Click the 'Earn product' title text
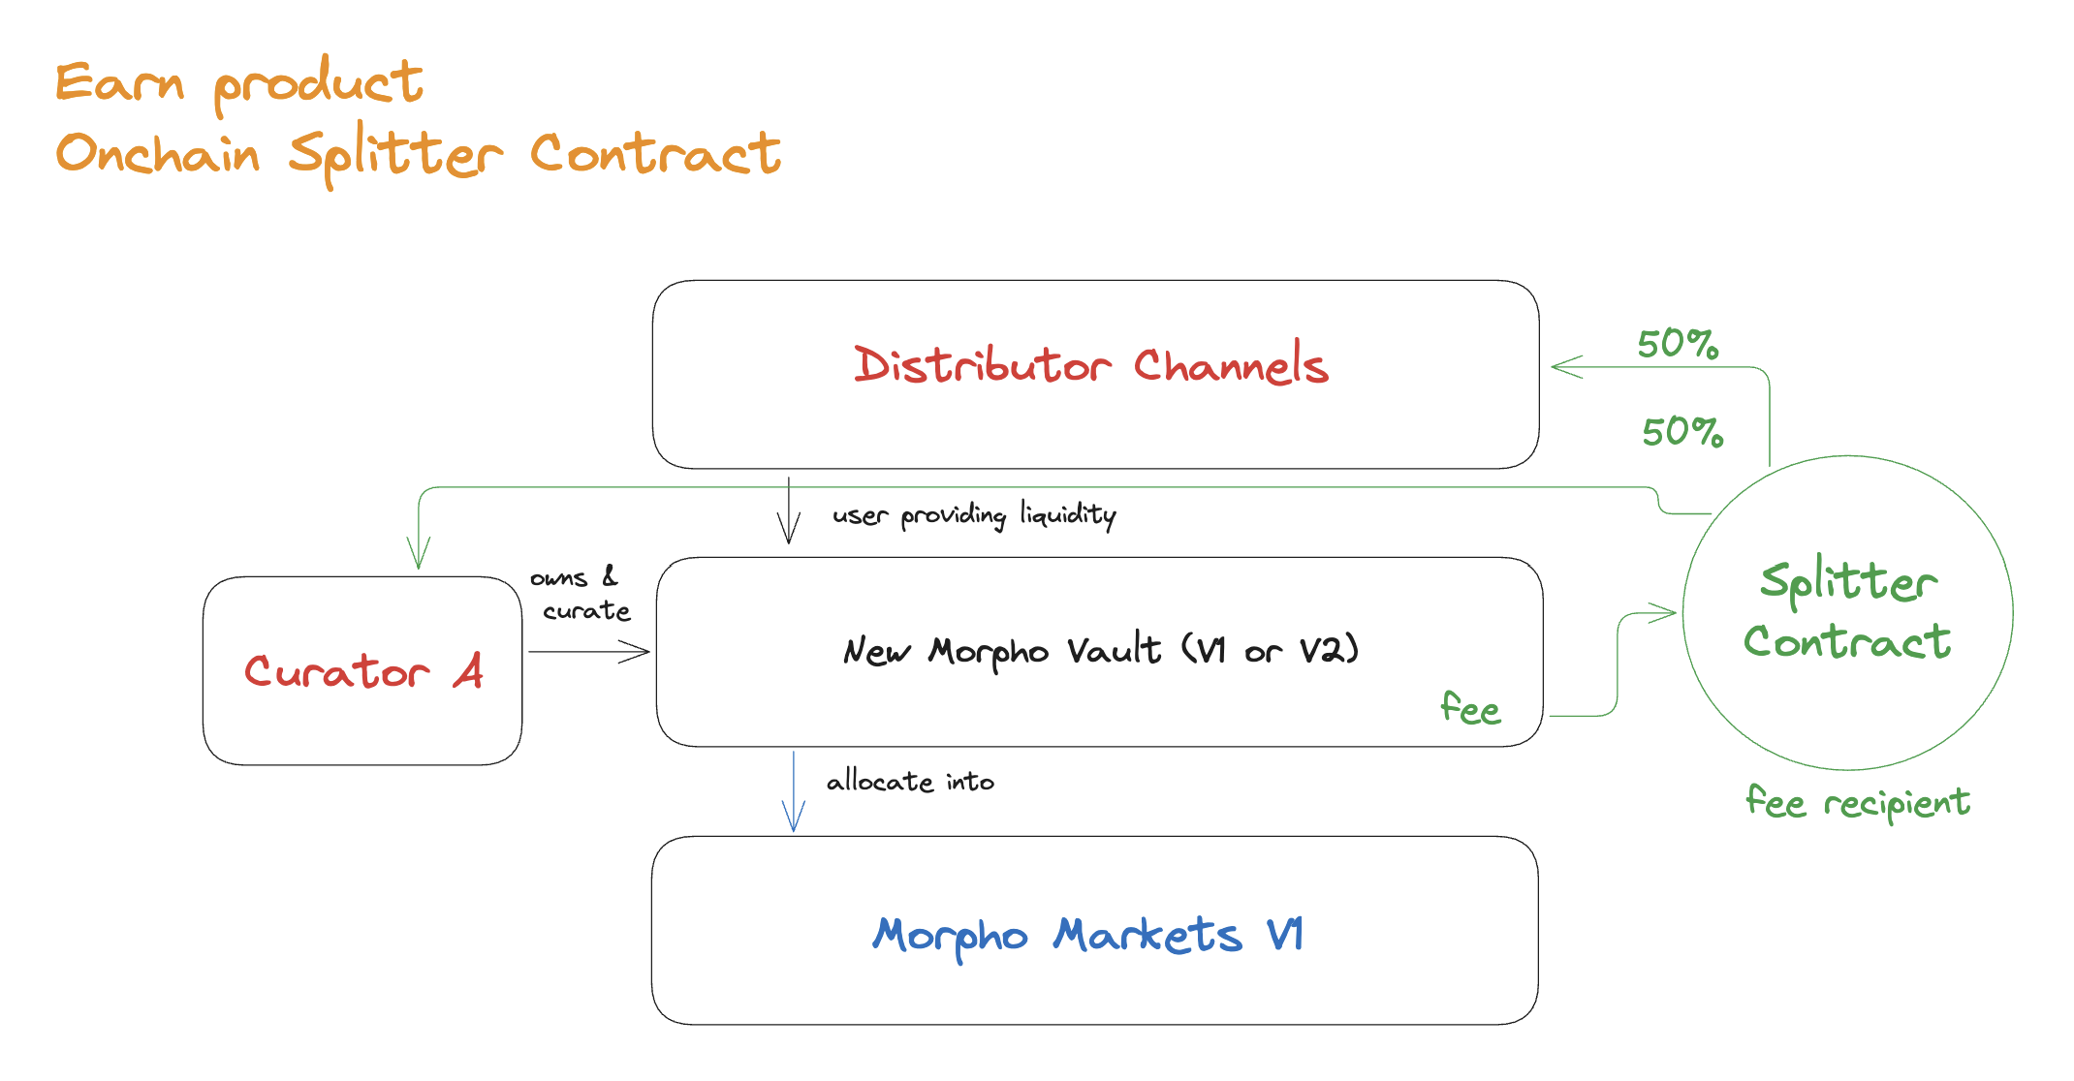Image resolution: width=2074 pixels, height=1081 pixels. pyautogui.click(x=238, y=83)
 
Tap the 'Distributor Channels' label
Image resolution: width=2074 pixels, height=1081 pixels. pyautogui.click(x=1090, y=366)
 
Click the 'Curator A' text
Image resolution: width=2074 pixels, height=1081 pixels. pyautogui.click(x=363, y=671)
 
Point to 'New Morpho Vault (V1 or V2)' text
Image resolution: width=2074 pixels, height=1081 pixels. pyautogui.click(x=1100, y=651)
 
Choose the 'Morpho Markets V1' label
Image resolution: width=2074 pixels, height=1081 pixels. pyautogui.click(x=1087, y=936)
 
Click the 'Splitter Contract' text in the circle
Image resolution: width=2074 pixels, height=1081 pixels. pyautogui.click(x=1847, y=612)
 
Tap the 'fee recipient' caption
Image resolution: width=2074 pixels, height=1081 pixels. pyautogui.click(x=1857, y=803)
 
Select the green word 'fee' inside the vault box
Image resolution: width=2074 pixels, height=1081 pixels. pyautogui.click(x=1469, y=709)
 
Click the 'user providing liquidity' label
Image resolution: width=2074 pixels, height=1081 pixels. pyautogui.click(x=974, y=514)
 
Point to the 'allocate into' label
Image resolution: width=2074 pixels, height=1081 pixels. pyautogui.click(x=910, y=782)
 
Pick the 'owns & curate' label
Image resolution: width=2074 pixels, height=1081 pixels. pyautogui.click(x=580, y=594)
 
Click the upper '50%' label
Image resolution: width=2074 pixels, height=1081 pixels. pyautogui.click(x=1678, y=345)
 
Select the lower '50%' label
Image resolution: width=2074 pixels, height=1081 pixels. pyautogui.click(x=1681, y=432)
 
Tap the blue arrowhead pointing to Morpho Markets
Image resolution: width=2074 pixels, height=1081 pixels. pyautogui.click(x=794, y=819)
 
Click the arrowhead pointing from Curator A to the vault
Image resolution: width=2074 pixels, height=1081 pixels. pyautogui.click(x=639, y=652)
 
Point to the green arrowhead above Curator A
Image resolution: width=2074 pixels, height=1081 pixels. pyautogui.click(x=419, y=557)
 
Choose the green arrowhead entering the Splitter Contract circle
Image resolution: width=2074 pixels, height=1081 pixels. pyautogui.click(x=1665, y=612)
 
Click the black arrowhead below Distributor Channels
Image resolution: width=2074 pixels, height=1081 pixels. pyautogui.click(x=789, y=531)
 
